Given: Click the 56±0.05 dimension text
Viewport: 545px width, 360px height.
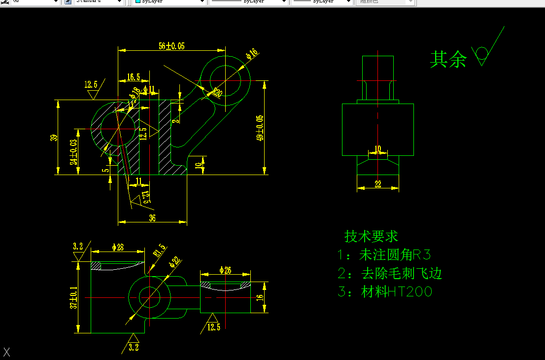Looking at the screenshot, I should click(171, 46).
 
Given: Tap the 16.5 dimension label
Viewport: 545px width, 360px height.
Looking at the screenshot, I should click(133, 77).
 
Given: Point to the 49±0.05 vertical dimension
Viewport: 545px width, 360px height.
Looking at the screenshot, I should click(260, 128).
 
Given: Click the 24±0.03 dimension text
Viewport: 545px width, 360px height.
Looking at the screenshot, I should click(73, 152).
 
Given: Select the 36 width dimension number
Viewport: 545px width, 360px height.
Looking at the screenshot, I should click(152, 218).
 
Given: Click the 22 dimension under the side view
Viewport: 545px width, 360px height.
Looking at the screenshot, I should click(377, 184).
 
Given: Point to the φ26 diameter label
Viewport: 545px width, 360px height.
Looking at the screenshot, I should click(225, 270).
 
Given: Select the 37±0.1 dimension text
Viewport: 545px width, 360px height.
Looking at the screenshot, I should click(74, 298).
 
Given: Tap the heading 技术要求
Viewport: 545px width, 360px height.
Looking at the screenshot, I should click(371, 237).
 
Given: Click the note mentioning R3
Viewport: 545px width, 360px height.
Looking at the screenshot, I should click(384, 255).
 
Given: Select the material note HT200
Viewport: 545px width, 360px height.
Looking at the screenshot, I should click(385, 292).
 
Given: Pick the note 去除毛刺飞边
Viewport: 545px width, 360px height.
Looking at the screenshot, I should click(390, 273).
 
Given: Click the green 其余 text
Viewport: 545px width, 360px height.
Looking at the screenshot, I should click(448, 60).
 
